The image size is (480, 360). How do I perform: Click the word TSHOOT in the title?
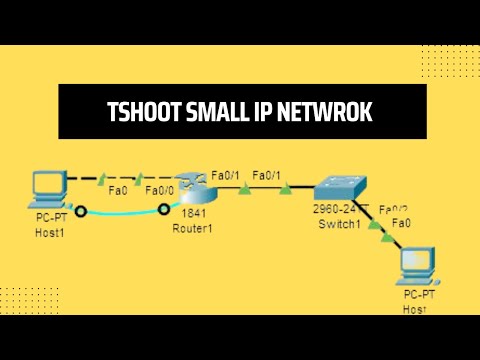141,113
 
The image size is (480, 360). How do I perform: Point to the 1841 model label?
193,214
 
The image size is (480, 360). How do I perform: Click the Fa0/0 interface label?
160,191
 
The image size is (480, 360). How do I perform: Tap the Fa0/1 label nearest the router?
226,175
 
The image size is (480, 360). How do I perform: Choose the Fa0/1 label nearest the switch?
266,175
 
